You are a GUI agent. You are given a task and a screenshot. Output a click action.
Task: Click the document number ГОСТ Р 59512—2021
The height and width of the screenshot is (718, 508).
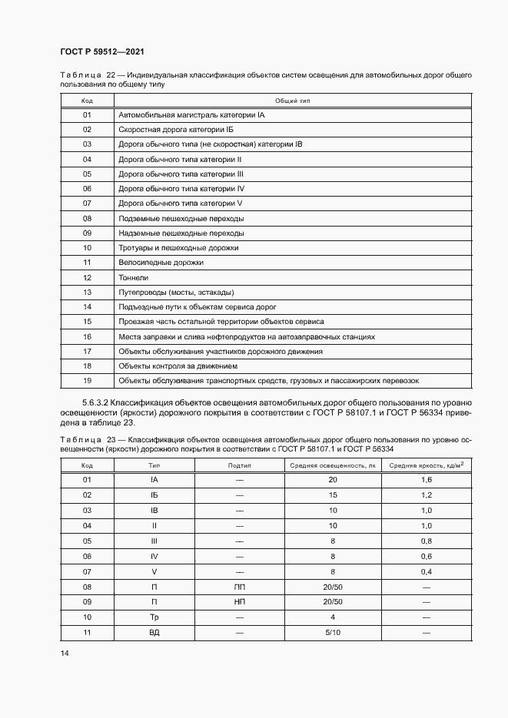coord(102,51)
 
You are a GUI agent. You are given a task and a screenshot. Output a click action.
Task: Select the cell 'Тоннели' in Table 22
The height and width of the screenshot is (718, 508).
coord(133,277)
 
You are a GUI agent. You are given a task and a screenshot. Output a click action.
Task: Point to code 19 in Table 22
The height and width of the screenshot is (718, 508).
coord(87,381)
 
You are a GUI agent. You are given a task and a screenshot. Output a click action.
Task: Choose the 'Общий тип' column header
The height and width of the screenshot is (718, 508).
coord(292,101)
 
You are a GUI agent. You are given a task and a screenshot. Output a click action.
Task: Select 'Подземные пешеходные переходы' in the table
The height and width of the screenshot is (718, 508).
coord(181,219)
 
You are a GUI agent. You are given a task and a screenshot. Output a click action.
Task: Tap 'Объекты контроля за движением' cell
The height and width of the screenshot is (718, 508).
coord(178,366)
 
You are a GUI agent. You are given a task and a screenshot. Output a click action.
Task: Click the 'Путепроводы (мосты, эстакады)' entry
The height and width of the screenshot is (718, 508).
coord(175,293)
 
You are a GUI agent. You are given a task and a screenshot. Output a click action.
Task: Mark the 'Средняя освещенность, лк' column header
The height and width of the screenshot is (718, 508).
coord(333,465)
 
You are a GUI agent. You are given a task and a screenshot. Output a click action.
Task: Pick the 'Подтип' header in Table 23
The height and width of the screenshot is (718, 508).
coord(240,465)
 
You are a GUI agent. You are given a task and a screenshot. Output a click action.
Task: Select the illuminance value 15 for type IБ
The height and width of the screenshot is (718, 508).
coord(333,495)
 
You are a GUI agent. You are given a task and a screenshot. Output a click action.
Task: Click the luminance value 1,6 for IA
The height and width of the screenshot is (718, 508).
coord(427,480)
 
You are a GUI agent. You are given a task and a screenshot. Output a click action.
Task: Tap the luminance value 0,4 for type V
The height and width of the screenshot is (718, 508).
coord(427,572)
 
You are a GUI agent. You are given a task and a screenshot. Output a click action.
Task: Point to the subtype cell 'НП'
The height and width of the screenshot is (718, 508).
coord(240,602)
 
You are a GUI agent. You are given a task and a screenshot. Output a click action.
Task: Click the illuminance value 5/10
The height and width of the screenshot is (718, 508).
coord(333,632)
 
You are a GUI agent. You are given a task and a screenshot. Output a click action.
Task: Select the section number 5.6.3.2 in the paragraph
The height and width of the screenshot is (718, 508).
coord(95,402)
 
